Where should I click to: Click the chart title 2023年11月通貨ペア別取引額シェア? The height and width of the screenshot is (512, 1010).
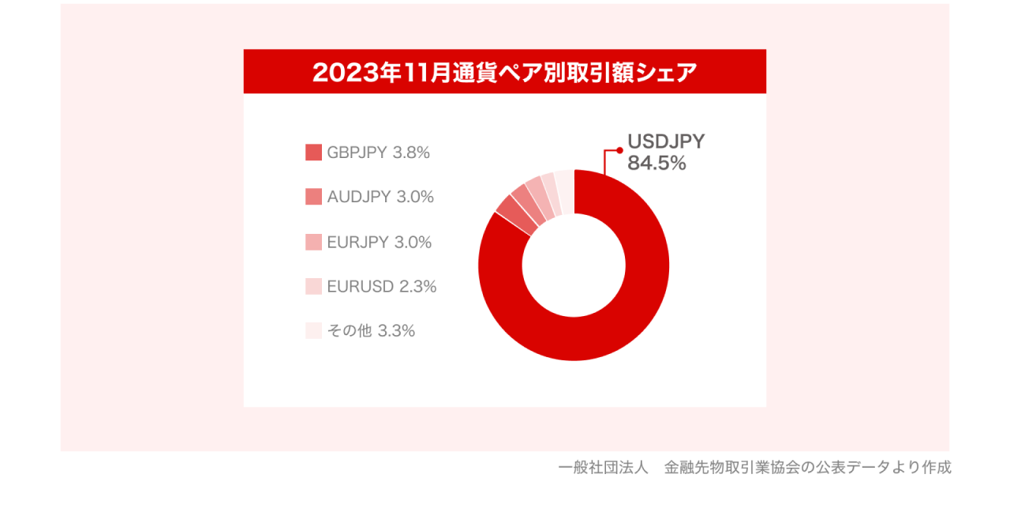[505, 72]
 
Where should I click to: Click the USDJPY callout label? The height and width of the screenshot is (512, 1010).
[666, 141]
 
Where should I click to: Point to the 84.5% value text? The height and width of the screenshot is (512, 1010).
[656, 164]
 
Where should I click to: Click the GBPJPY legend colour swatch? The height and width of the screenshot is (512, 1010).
[313, 152]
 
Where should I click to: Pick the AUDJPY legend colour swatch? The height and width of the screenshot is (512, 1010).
[313, 197]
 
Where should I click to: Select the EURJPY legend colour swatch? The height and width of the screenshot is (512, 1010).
[313, 243]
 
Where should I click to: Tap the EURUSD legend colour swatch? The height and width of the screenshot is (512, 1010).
[313, 287]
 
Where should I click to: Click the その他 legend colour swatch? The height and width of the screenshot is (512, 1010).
[313, 331]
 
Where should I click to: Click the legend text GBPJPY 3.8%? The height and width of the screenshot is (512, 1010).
[379, 152]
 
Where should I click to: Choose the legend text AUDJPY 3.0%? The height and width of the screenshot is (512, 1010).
[380, 197]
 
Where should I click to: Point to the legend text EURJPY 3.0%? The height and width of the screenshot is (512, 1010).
[380, 243]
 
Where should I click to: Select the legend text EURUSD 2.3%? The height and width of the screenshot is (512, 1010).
[382, 287]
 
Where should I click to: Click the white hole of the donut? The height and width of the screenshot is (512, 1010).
[574, 265]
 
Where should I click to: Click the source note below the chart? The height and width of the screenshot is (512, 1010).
[754, 467]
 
